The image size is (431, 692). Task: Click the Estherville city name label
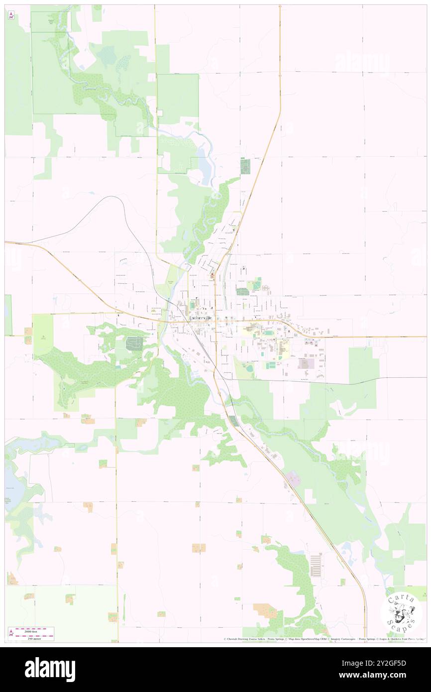(204, 318)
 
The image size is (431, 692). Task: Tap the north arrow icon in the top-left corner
(11, 15)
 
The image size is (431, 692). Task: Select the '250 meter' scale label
(33, 638)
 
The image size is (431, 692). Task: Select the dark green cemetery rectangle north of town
(245, 166)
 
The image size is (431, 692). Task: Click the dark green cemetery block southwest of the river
(133, 343)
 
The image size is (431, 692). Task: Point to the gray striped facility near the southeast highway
(316, 565)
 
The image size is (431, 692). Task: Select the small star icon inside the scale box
(11, 634)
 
